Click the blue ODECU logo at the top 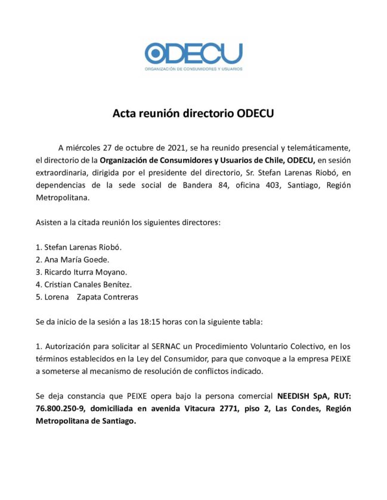click(193, 54)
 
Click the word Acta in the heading click(125, 114)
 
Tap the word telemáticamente click(314, 146)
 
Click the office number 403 click(265, 185)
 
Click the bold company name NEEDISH click(295, 396)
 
